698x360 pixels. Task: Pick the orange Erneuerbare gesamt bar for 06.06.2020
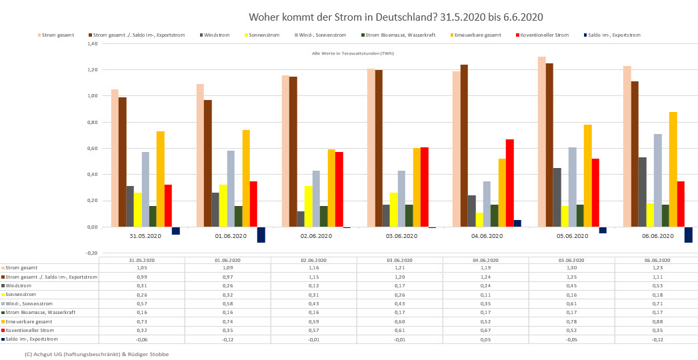pyautogui.click(x=673, y=169)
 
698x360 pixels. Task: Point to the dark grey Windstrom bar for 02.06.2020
pyautogui.click(x=300, y=219)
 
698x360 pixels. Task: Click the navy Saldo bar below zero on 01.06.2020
pyautogui.click(x=261, y=235)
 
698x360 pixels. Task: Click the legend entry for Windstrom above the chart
pyautogui.click(x=216, y=35)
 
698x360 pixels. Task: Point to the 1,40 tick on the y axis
pyautogui.click(x=92, y=44)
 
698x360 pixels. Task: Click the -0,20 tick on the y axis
pyautogui.click(x=92, y=253)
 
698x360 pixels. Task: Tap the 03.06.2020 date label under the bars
pyautogui.click(x=401, y=236)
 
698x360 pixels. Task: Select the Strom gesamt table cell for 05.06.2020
pyautogui.click(x=571, y=267)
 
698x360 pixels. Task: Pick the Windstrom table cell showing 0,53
pyautogui.click(x=657, y=285)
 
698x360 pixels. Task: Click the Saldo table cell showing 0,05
pyautogui.click(x=485, y=339)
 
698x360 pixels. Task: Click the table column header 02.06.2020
pyautogui.click(x=314, y=260)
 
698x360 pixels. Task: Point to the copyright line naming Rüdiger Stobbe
pyautogui.click(x=97, y=354)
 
